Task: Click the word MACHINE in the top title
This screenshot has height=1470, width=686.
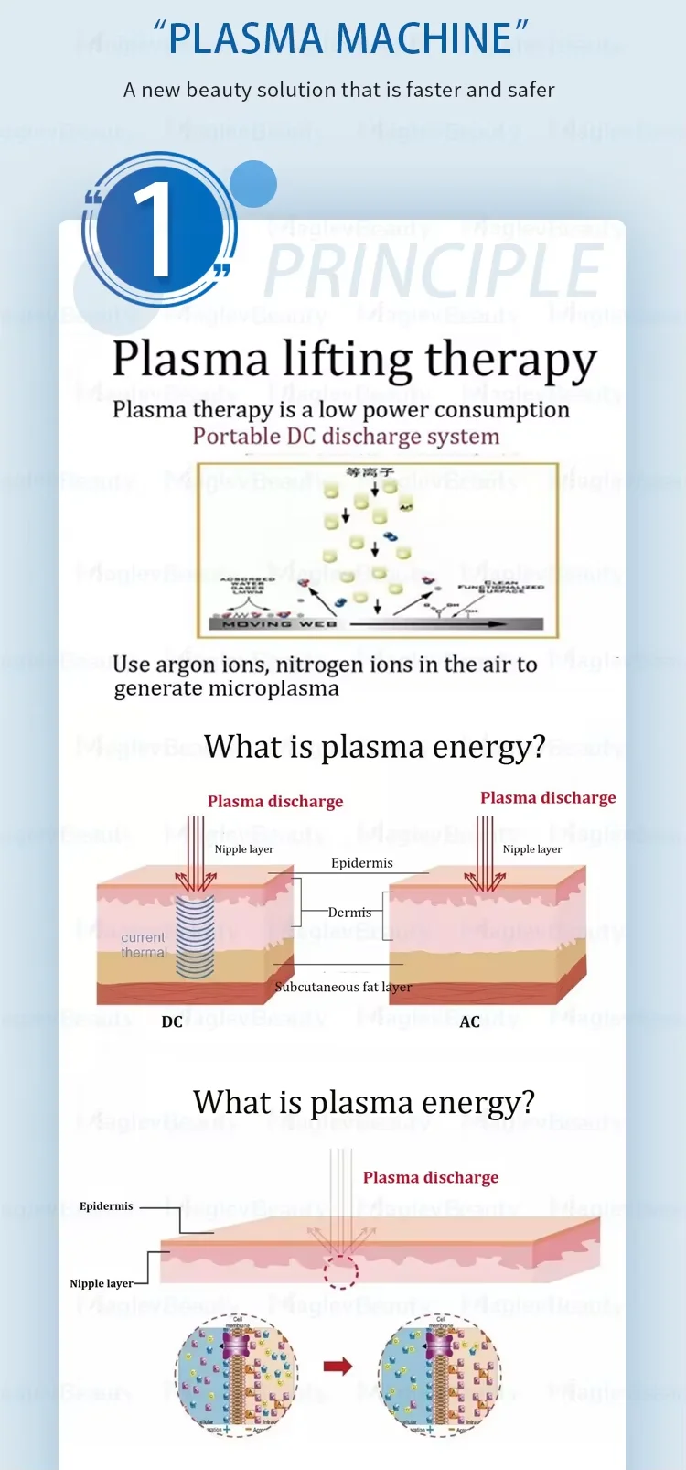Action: point(423,38)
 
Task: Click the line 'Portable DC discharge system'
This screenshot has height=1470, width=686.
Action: point(346,437)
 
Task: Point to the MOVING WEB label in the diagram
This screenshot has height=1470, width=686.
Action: point(280,623)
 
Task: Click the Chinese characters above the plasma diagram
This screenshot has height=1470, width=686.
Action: point(370,472)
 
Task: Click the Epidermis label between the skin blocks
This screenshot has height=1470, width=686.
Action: point(362,863)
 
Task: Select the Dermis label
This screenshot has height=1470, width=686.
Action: point(349,913)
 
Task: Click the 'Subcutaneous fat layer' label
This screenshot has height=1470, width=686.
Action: point(343,987)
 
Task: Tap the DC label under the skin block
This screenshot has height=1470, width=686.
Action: point(172,1021)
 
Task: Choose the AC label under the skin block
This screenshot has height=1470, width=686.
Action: point(469,1021)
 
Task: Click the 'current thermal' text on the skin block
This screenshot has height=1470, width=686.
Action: point(145,945)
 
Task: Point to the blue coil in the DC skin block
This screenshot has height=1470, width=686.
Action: point(195,935)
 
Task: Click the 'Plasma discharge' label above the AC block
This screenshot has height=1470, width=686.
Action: point(548,797)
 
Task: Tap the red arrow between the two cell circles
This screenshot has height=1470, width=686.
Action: point(338,1367)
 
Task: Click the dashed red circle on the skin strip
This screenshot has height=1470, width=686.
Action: point(340,1271)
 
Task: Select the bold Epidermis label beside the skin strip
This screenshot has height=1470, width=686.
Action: point(106,1206)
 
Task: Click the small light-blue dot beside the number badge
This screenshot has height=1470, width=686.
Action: point(253,182)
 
